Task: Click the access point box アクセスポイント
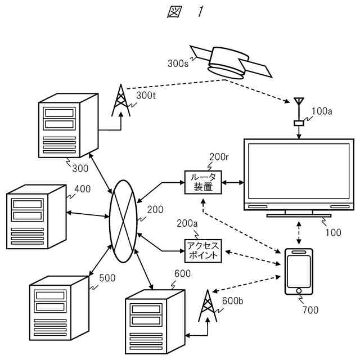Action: (202, 250)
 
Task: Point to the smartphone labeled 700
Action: (298, 271)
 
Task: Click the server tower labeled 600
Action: (155, 320)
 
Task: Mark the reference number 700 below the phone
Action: (310, 309)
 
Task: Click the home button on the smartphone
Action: (298, 291)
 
